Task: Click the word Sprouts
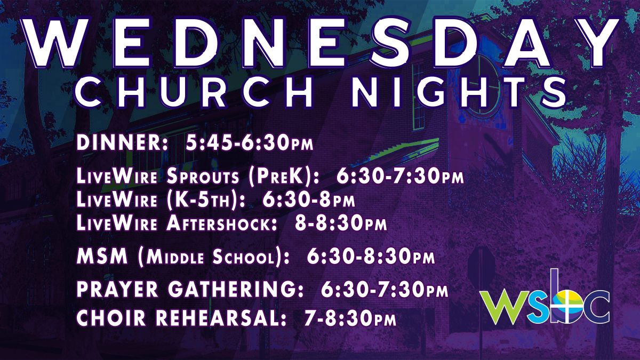click(202, 176)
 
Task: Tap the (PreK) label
click(283, 177)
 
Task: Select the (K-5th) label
click(206, 199)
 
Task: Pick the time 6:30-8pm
click(308, 199)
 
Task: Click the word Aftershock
click(222, 223)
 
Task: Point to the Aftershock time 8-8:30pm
click(341, 223)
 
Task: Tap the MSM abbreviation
click(102, 256)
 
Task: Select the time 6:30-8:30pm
click(371, 256)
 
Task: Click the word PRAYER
click(117, 289)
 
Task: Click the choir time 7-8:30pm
click(350, 317)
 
